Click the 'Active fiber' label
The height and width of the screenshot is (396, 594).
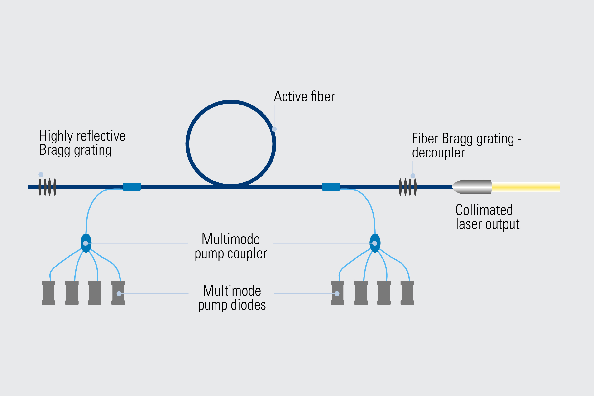pos(304,96)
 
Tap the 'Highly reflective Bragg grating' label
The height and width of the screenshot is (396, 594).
pos(82,143)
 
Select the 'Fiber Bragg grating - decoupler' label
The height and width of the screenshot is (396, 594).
pos(467,145)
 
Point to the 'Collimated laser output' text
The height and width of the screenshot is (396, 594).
pos(487,217)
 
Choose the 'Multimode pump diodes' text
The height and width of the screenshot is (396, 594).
pos(232,298)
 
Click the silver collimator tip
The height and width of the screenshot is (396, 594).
pos(472,187)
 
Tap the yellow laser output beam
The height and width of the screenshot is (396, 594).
pos(526,187)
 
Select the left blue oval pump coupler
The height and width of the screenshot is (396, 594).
pos(86,243)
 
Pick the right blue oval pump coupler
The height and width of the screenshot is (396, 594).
pos(375,243)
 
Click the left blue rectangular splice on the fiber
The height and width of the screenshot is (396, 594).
pos(132,187)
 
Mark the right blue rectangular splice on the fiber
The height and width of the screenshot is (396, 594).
pos(331,187)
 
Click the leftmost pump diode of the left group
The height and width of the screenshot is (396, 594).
pos(48,293)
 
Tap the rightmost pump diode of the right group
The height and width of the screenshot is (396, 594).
pos(407,293)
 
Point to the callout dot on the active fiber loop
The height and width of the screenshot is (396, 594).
pos(274,129)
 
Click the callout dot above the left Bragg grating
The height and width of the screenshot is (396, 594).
pos(41,175)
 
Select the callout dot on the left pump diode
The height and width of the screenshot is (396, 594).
pos(119,293)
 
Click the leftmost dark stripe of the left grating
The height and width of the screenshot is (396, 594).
pos(40,187)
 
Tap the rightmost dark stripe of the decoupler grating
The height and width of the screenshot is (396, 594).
pos(415,187)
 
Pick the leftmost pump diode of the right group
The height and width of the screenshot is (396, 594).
pos(337,293)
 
